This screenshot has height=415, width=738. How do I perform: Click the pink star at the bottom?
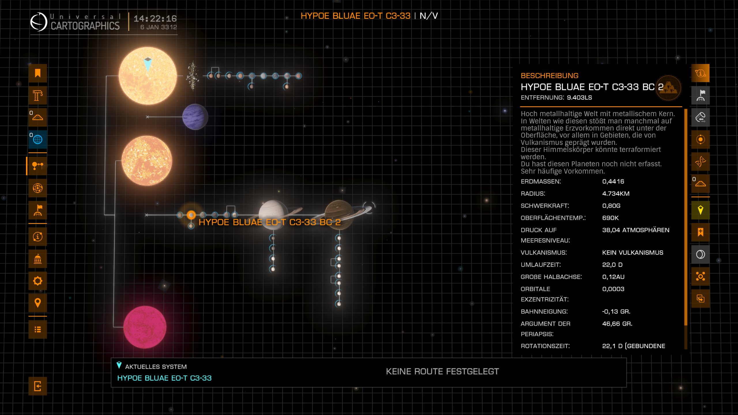pos(145,327)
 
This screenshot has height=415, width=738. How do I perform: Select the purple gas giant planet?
pos(195,117)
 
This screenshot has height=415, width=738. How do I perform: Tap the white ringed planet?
pos(273,214)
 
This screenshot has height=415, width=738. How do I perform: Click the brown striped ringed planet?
pos(339,214)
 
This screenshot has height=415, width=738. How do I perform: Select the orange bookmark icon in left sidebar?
pos(37,73)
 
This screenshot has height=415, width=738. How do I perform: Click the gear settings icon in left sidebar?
pos(37,281)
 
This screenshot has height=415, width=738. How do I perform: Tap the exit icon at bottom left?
pos(37,386)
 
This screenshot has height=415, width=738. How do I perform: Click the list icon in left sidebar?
pos(37,329)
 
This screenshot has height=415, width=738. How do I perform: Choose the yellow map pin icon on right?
pos(700,210)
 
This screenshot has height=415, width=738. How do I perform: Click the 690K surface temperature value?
pos(610,218)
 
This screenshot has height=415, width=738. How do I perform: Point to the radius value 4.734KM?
pos(615,194)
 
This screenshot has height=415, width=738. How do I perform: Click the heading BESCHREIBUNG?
pos(549,76)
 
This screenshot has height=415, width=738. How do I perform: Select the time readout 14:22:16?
pos(155,19)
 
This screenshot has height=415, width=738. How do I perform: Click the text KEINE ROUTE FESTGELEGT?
pos(442,371)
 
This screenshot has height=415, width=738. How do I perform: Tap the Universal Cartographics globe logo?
pos(39,22)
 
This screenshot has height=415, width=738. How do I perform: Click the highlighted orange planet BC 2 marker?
pos(191,215)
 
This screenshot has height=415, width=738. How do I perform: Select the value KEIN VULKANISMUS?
pos(632,253)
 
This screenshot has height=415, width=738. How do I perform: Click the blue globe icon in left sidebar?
pos(37,139)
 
